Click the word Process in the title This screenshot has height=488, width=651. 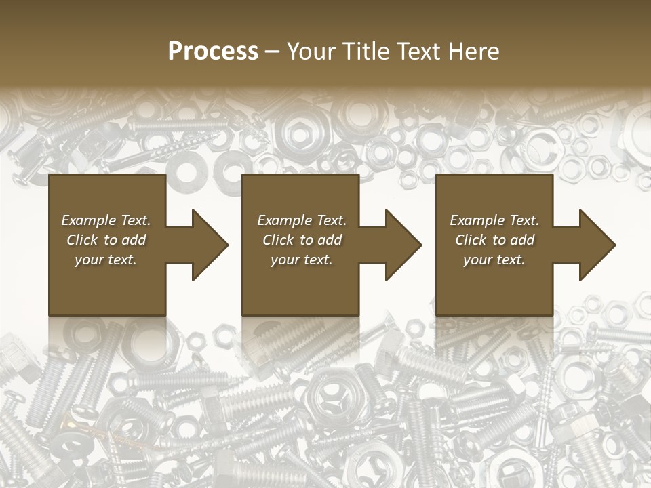(x=213, y=52)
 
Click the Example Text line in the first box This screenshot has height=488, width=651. (x=106, y=220)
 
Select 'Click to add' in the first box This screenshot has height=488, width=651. (x=106, y=240)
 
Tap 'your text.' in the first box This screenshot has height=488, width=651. (x=106, y=260)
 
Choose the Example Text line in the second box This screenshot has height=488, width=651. (x=302, y=220)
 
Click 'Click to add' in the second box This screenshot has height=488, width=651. (x=302, y=240)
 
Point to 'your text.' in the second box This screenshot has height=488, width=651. (x=302, y=260)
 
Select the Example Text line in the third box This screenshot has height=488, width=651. (x=494, y=220)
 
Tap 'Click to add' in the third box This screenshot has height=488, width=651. (x=494, y=240)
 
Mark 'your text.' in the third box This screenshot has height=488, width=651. (x=494, y=260)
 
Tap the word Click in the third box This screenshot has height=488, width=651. (x=471, y=240)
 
